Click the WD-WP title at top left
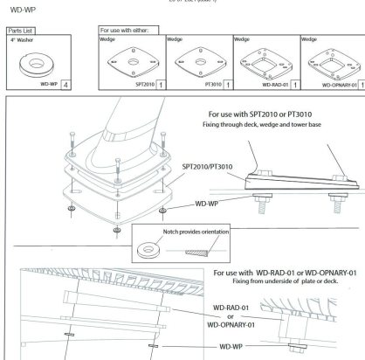click(14, 14)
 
